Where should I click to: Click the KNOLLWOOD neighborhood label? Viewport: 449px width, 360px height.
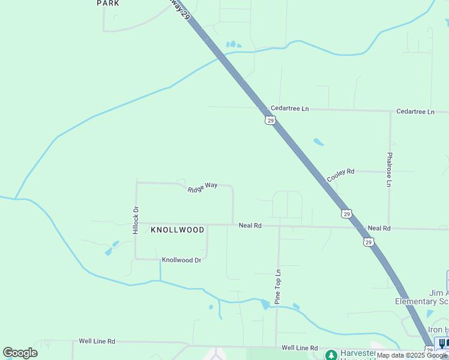[177, 230]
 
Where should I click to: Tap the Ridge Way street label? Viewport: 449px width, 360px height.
[202, 187]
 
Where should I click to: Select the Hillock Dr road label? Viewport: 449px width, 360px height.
[136, 220]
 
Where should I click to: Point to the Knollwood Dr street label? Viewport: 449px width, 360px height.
[181, 260]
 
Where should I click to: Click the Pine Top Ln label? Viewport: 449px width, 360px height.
[278, 287]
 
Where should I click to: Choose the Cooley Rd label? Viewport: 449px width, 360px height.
[341, 175]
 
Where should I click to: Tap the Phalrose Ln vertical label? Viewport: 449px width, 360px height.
[389, 169]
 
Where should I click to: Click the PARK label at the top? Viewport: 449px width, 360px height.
[108, 4]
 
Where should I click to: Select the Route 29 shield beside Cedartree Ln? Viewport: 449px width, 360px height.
[270, 121]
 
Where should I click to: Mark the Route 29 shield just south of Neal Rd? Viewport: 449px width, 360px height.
[368, 241]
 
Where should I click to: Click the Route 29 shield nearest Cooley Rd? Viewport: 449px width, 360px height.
[346, 214]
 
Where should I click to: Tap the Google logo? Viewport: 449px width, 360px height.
[20, 353]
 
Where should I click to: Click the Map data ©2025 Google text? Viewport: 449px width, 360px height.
[412, 355]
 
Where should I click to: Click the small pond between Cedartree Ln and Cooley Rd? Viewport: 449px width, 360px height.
[318, 142]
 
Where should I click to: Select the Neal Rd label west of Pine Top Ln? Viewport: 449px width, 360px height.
[250, 226]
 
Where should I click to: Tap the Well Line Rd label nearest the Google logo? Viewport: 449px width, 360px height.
[97, 341]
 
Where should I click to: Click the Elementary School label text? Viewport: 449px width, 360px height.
[421, 301]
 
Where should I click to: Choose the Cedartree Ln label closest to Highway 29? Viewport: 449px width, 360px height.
[289, 109]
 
